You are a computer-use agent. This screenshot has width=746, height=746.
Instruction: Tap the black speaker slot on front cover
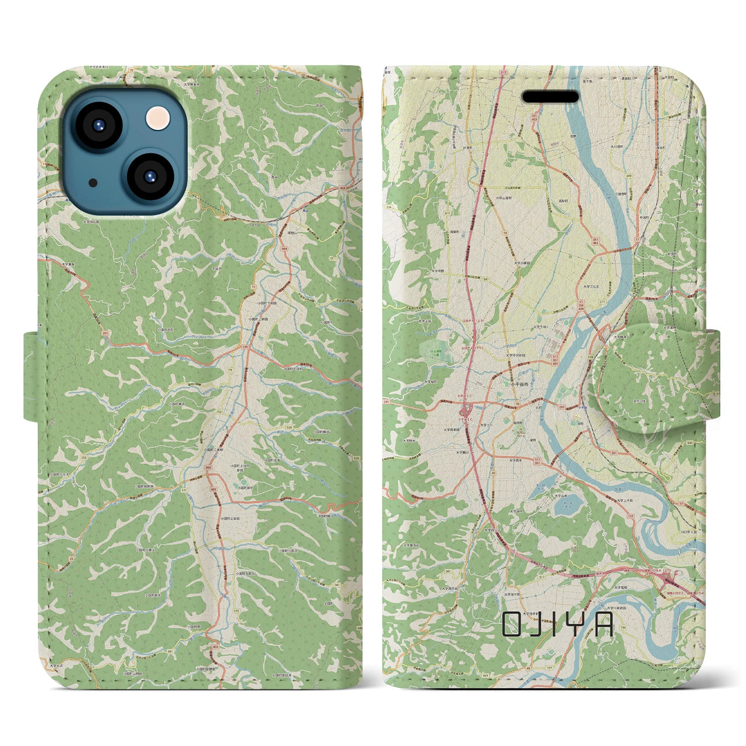tap(550, 97)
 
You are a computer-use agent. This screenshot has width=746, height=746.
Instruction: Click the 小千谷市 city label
tap(520, 384)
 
